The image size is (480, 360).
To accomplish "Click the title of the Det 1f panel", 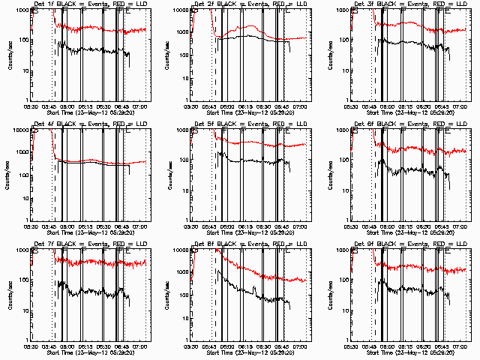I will tap(90, 4).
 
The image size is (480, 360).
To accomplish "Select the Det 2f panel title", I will tap(250, 4).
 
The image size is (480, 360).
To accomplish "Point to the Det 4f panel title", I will tap(90, 124).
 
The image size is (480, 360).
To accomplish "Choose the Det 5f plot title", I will tap(250, 124).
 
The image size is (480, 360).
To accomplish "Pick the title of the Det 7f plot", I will tap(90, 244).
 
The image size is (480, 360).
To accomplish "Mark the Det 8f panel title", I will tap(250, 244).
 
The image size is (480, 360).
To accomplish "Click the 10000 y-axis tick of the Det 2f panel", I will tap(181, 10).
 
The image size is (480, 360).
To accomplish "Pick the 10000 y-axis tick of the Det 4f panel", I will tap(20, 130).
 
